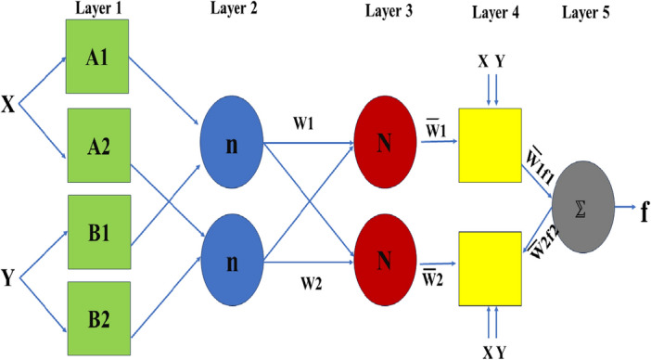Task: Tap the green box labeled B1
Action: click(96, 232)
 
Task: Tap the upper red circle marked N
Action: click(383, 146)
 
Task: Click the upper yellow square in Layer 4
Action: click(490, 145)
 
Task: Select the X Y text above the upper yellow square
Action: click(491, 62)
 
